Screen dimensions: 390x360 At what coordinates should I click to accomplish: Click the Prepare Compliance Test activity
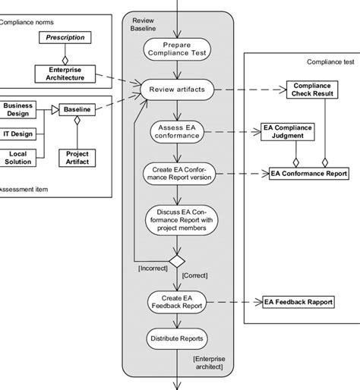176,49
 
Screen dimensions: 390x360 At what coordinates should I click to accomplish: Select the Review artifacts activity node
176,89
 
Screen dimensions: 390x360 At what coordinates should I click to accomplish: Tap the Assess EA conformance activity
176,131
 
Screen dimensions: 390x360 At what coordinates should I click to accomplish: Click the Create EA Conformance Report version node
176,175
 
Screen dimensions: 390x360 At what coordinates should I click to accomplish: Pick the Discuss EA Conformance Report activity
176,219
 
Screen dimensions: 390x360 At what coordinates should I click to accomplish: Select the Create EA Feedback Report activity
176,301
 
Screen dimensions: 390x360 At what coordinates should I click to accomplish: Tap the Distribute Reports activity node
176,338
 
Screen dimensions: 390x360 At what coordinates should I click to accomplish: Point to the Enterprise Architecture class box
65,73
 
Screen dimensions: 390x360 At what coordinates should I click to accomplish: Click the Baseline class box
77,110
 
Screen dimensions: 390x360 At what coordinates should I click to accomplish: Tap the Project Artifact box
77,157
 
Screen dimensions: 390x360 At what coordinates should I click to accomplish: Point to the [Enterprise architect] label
210,362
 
